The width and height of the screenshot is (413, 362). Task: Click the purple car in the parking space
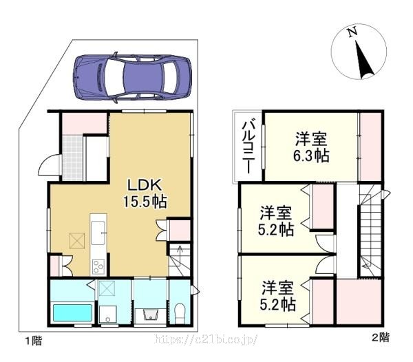coord(132,77)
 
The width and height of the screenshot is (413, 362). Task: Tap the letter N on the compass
coord(352,32)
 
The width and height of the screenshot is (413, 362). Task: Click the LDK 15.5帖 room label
coord(145,193)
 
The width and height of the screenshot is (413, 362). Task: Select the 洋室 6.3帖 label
coord(311,147)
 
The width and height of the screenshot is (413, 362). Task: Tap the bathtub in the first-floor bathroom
coord(73,312)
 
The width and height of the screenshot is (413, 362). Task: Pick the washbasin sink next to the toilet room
coord(150,316)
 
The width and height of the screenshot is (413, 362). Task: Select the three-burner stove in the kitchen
coord(98,266)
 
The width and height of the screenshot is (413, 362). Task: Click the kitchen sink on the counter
coord(98,233)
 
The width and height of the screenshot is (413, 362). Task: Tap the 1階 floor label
coord(34,341)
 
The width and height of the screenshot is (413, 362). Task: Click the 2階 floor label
coord(381,337)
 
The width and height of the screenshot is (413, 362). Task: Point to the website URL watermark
coord(206,339)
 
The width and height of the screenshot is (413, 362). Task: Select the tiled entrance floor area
coord(72,158)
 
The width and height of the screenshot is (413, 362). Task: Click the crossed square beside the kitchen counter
coord(77,240)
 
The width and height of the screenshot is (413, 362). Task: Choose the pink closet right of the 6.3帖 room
coord(370,147)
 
